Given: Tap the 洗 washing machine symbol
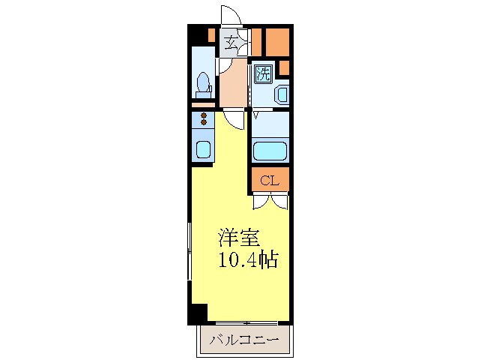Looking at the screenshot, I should pyautogui.click(x=262, y=73).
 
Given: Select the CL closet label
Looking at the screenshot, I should pyautogui.click(x=270, y=180).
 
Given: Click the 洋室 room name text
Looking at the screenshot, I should pyautogui.click(x=239, y=238).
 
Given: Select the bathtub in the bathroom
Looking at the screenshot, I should pyautogui.click(x=270, y=151).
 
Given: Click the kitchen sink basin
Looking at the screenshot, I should pyautogui.click(x=203, y=149).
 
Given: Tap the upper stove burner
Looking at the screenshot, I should pyautogui.click(x=203, y=115).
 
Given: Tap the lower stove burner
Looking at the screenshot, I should pyautogui.click(x=203, y=123).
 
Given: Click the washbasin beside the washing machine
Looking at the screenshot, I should pyautogui.click(x=281, y=94).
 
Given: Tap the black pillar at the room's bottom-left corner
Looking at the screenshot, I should pyautogui.click(x=196, y=314).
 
